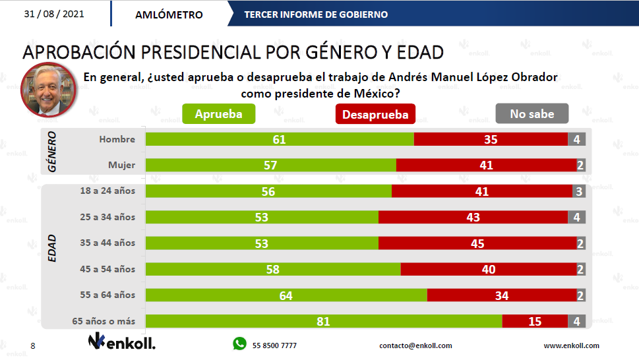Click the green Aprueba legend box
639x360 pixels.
tap(218, 114)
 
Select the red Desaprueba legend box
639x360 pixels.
tap(375, 114)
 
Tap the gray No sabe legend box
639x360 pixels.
tap(532, 114)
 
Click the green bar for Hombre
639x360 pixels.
tap(280, 139)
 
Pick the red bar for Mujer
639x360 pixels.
tap(486, 165)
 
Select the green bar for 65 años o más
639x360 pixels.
tap(323, 321)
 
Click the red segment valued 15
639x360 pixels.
tap(535, 321)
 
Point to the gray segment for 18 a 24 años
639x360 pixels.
tap(578, 191)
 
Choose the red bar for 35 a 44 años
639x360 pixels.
tap(477, 243)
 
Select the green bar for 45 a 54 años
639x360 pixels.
tap(273, 269)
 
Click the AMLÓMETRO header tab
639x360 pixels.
tap(169, 15)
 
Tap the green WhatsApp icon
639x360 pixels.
tap(239, 344)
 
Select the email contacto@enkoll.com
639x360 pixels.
tap(415, 345)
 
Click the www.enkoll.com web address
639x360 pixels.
tap(571, 345)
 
